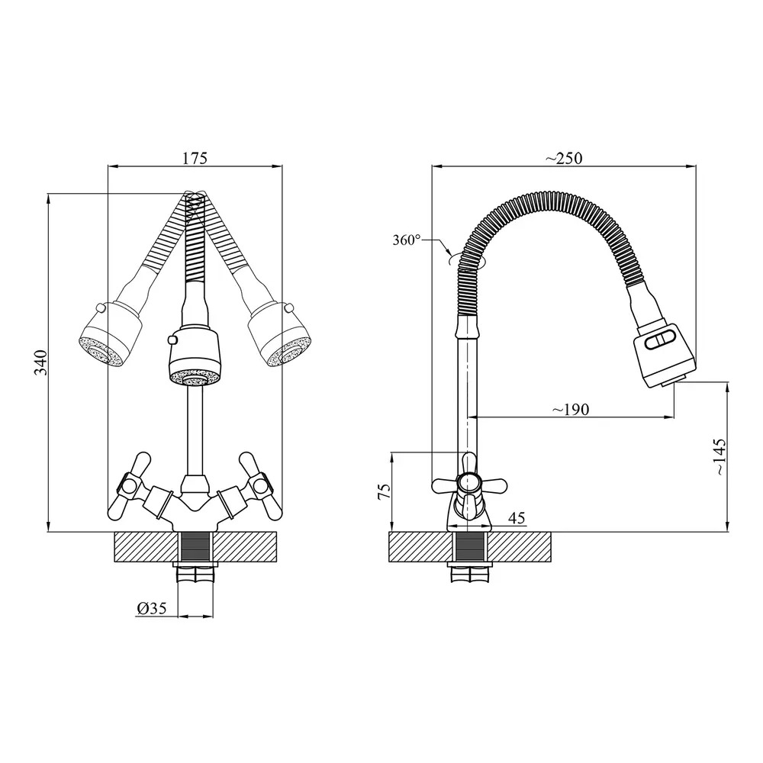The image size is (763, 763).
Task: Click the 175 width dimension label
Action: coord(195,158)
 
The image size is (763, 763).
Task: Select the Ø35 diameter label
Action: coord(152,608)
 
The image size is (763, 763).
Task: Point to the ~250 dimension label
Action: coord(564,158)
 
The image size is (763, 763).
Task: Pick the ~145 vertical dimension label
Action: coord(720,456)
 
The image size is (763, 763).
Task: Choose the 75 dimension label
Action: coord(384,491)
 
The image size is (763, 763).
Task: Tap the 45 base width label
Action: coord(517,518)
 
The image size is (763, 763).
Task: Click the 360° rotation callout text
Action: coord(407,240)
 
